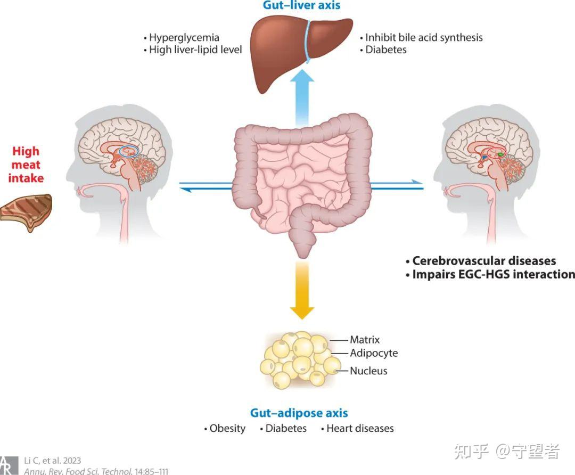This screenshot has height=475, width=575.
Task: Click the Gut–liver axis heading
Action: (x=301, y=5)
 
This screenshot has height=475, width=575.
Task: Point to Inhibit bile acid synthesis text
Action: (x=424, y=38)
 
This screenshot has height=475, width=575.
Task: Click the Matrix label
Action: (x=365, y=340)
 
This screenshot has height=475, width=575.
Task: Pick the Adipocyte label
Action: (x=374, y=353)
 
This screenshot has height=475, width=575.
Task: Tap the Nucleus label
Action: (x=368, y=371)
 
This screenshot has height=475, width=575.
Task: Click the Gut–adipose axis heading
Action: (x=299, y=413)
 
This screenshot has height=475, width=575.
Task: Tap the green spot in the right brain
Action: (x=501, y=154)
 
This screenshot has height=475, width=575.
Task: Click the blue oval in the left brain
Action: (x=128, y=151)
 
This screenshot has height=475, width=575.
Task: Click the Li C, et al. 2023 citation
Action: (x=52, y=461)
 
